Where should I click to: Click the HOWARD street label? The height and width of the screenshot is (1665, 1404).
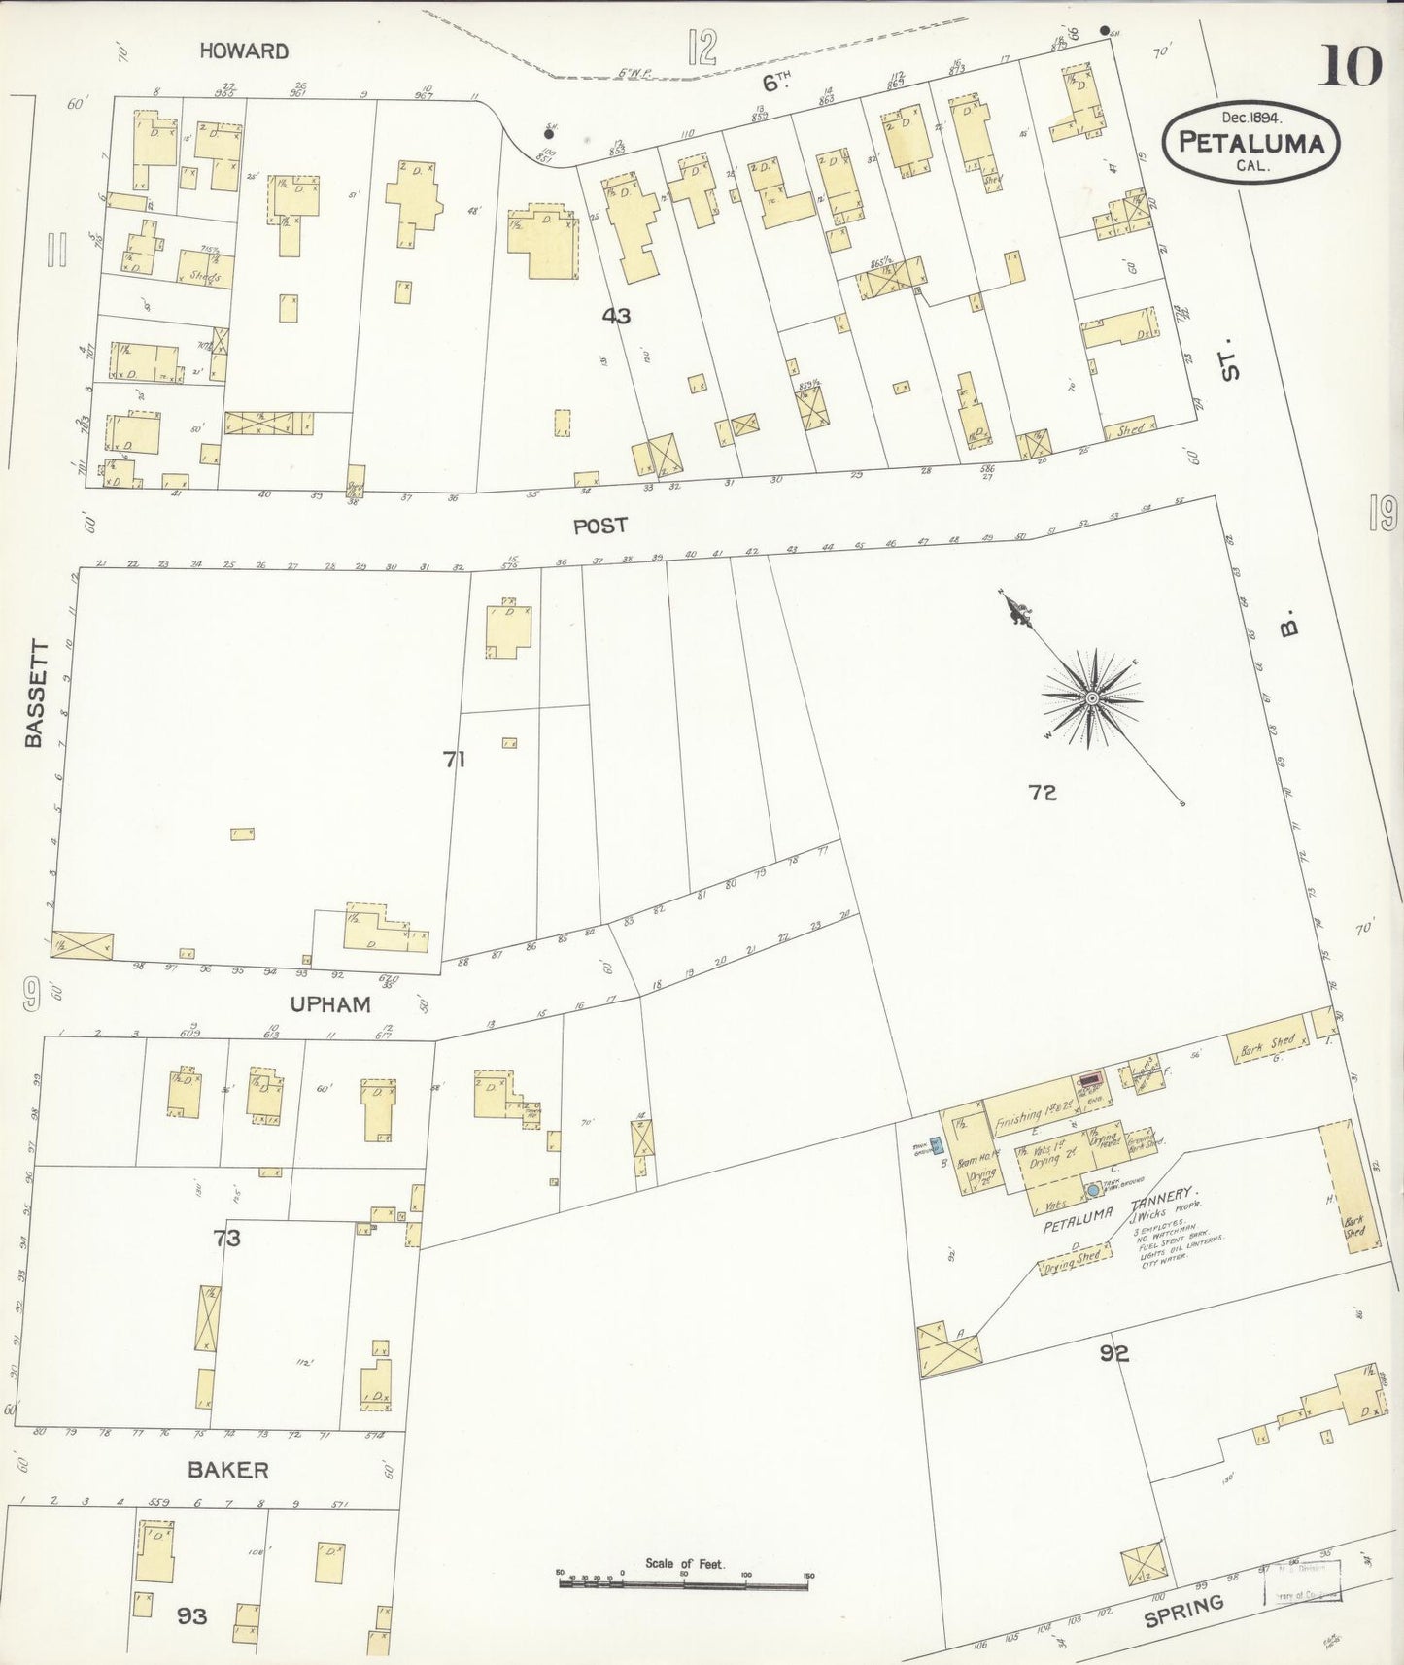pyautogui.click(x=244, y=51)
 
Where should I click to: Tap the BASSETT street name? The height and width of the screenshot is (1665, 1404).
pyautogui.click(x=35, y=693)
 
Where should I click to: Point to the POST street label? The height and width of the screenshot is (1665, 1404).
pyautogui.click(x=599, y=526)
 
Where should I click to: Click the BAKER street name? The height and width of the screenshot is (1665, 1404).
pyautogui.click(x=228, y=1470)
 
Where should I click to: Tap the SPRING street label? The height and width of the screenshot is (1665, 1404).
pyautogui.click(x=1182, y=1612)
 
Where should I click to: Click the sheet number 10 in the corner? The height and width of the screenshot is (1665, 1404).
pyautogui.click(x=1350, y=66)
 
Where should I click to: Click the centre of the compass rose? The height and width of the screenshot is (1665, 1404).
pyautogui.click(x=1093, y=698)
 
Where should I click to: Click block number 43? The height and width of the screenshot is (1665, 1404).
pyautogui.click(x=616, y=315)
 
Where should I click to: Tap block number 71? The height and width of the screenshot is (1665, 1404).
pyautogui.click(x=454, y=760)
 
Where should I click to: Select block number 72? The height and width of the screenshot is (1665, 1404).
pyautogui.click(x=1043, y=793)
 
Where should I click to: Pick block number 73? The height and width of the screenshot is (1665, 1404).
pyautogui.click(x=227, y=1239)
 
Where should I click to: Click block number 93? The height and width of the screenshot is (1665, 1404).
pyautogui.click(x=191, y=1616)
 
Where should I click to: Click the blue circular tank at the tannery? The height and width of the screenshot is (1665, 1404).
pyautogui.click(x=1093, y=1190)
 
